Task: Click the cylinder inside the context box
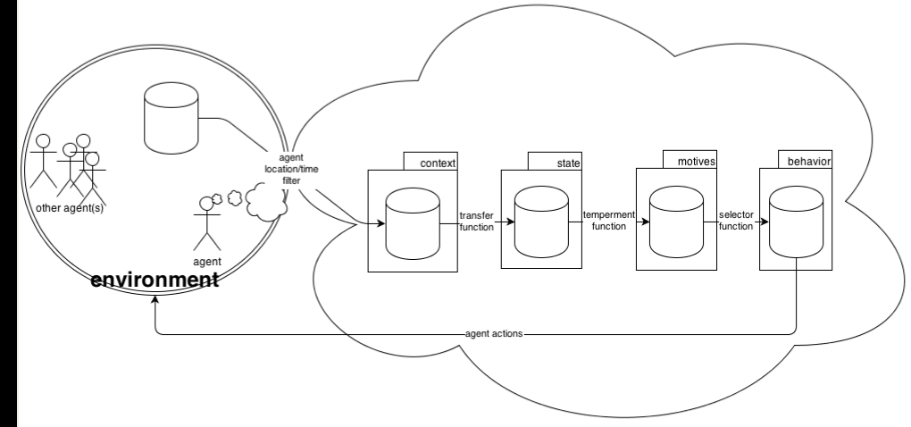pyautogui.click(x=412, y=222)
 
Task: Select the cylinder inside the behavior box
pyautogui.click(x=795, y=222)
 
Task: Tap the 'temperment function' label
pyautogui.click(x=608, y=222)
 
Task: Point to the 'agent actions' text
pyautogui.click(x=495, y=334)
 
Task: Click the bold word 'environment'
pyautogui.click(x=156, y=280)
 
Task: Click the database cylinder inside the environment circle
pyautogui.click(x=171, y=118)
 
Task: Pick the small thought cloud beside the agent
pyautogui.click(x=265, y=203)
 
